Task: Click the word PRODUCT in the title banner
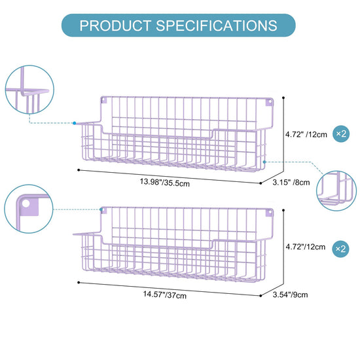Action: (115, 26)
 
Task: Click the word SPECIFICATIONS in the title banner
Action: (217, 26)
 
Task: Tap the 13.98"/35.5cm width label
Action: (164, 183)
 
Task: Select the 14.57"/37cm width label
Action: (164, 295)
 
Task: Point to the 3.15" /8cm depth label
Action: (291, 183)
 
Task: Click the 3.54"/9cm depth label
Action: (290, 295)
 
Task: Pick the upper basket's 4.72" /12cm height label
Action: (306, 134)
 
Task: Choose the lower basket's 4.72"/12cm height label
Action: (306, 247)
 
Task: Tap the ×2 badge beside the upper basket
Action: (341, 134)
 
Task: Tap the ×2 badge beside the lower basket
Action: (341, 249)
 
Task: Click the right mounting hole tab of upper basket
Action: (269, 102)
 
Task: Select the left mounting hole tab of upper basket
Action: (104, 100)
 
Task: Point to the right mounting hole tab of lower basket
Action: (269, 212)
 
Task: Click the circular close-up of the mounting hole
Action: (29, 209)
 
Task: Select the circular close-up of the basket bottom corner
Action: (336, 190)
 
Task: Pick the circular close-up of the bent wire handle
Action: (29, 90)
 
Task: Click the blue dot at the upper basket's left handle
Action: (75, 123)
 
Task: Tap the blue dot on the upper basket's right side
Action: (264, 162)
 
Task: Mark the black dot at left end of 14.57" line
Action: (79, 282)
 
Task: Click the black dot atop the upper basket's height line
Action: (283, 98)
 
